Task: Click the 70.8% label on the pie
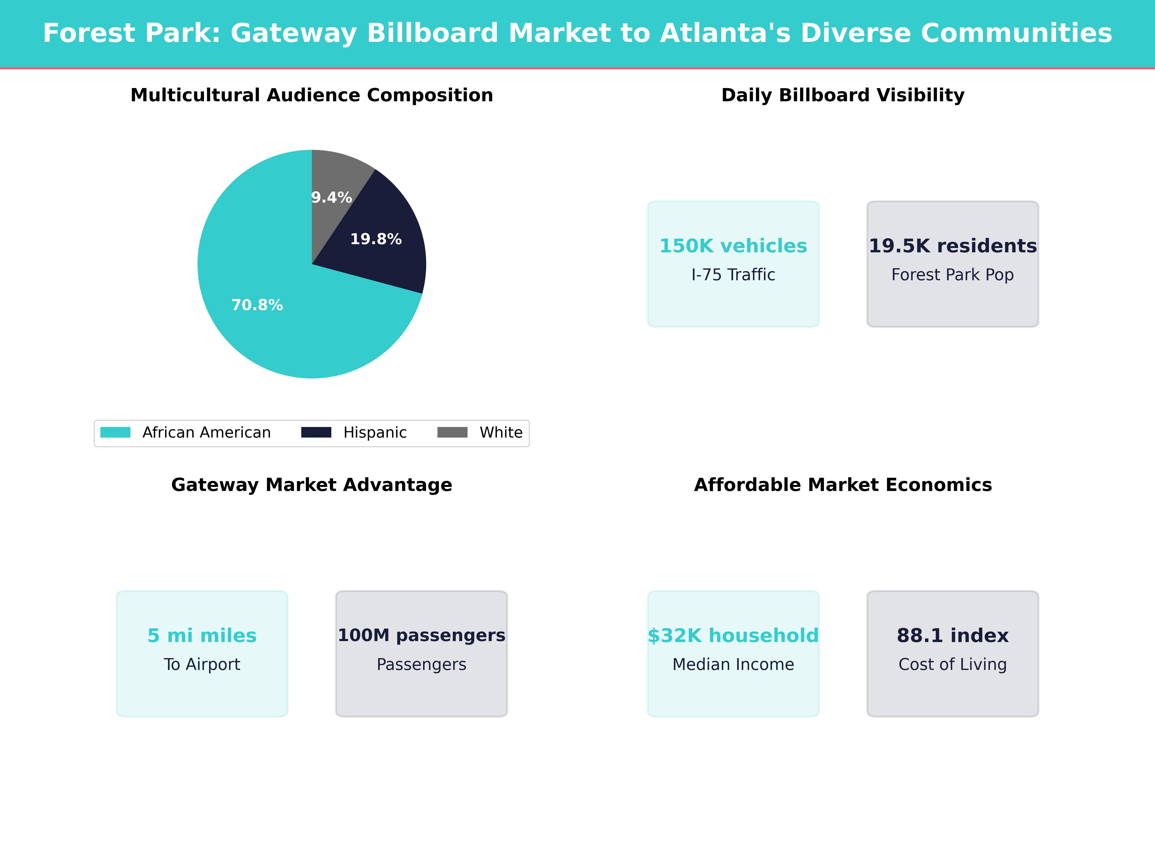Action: (x=257, y=305)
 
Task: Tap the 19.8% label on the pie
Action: (x=375, y=239)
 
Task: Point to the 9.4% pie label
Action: (x=331, y=197)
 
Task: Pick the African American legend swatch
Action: (x=115, y=432)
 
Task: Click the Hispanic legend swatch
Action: (x=316, y=432)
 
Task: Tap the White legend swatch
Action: (x=452, y=432)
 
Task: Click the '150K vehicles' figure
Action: (x=733, y=246)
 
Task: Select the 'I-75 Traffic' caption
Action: (x=733, y=274)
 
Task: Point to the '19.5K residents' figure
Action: (x=952, y=246)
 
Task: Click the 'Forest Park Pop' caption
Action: (x=952, y=274)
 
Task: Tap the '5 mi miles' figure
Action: (x=202, y=635)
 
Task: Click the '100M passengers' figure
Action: (x=421, y=635)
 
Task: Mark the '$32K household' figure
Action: (x=733, y=635)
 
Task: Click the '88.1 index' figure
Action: (x=952, y=635)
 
